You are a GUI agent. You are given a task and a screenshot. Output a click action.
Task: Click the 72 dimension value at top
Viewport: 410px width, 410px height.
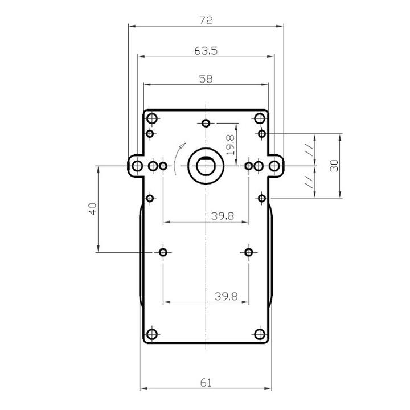click(206, 20)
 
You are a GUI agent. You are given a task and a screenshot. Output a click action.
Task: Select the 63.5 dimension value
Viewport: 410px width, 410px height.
click(206, 51)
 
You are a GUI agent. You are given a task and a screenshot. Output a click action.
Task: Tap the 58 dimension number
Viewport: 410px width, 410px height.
click(206, 79)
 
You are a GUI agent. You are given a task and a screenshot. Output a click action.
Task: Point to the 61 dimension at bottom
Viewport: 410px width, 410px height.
click(206, 383)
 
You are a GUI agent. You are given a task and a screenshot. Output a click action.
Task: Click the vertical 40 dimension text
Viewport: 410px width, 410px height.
click(93, 208)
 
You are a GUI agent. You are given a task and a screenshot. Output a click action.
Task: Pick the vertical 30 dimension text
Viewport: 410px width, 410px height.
click(334, 166)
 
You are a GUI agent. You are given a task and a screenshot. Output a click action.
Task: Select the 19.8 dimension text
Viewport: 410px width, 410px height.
click(231, 145)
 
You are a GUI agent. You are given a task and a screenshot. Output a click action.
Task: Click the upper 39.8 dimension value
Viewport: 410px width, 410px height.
click(223, 216)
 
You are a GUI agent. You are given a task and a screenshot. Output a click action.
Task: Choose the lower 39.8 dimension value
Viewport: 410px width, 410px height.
click(226, 296)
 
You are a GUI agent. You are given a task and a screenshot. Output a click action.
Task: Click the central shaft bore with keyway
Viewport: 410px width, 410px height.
click(206, 166)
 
